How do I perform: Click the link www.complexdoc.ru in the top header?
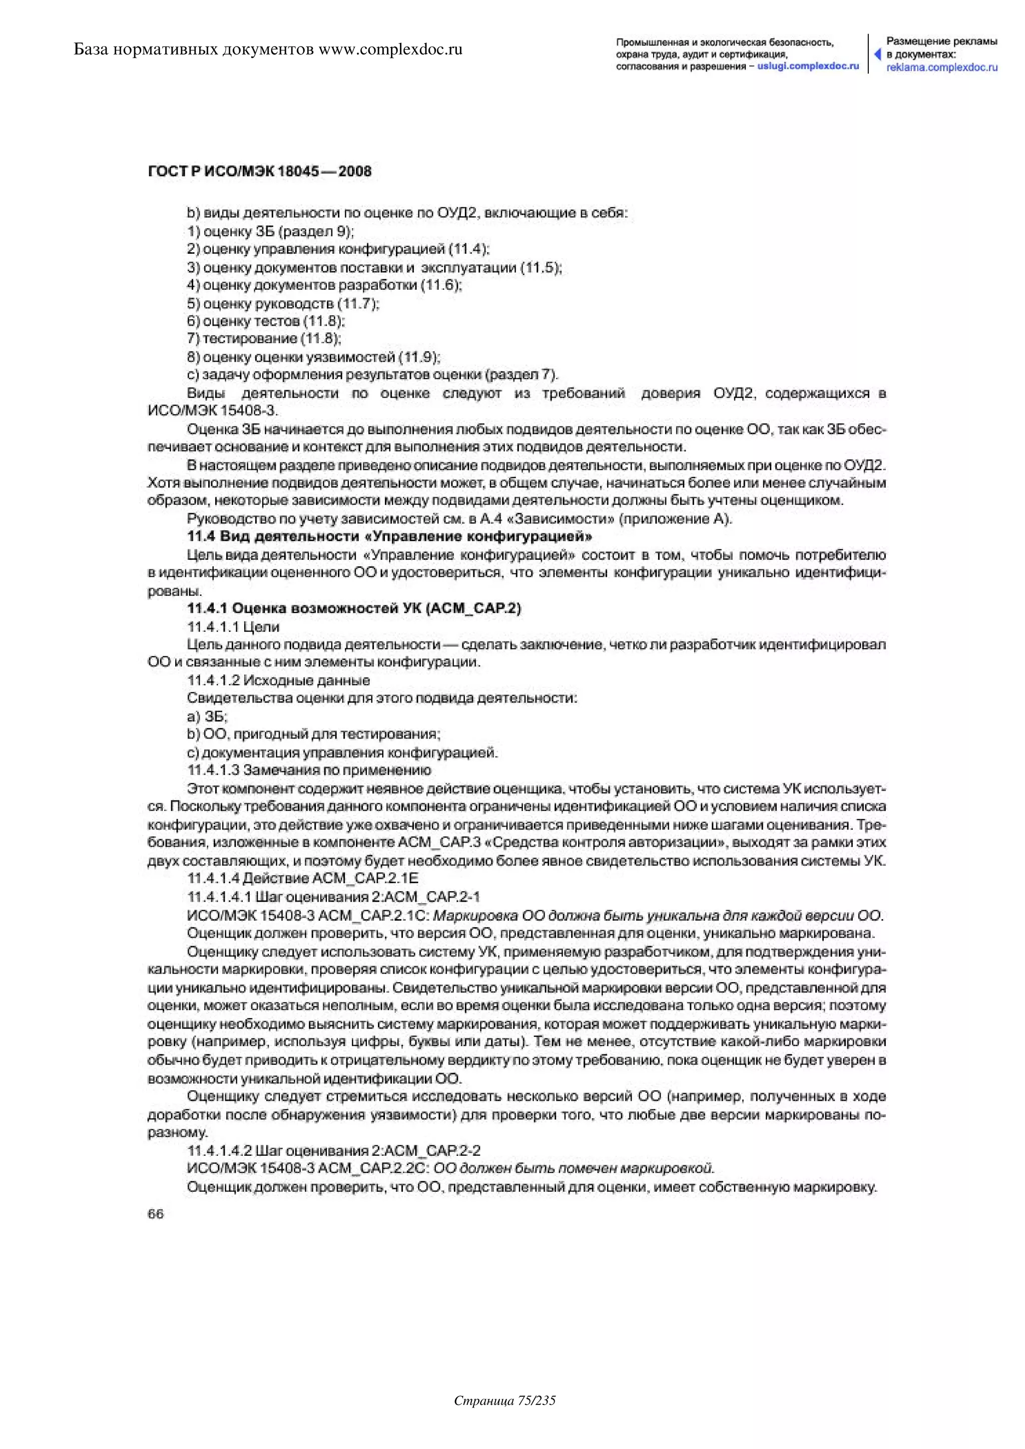[391, 49]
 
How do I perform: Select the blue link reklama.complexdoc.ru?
[942, 67]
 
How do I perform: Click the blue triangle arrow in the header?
[877, 54]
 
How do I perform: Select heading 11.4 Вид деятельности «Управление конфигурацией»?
[389, 537]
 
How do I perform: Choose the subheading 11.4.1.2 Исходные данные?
[278, 680]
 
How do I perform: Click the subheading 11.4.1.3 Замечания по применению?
[309, 770]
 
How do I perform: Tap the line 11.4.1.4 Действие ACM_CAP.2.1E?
[303, 879]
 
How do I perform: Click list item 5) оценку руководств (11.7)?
[283, 304]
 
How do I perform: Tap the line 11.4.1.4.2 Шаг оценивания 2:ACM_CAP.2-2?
[334, 1150]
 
